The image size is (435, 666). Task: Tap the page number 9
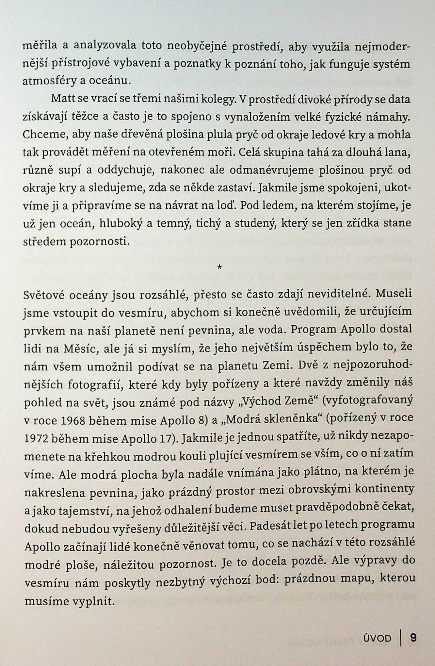[x=413, y=638]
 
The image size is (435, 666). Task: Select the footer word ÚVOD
[x=377, y=638]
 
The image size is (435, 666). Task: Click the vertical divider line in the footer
[x=401, y=638]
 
